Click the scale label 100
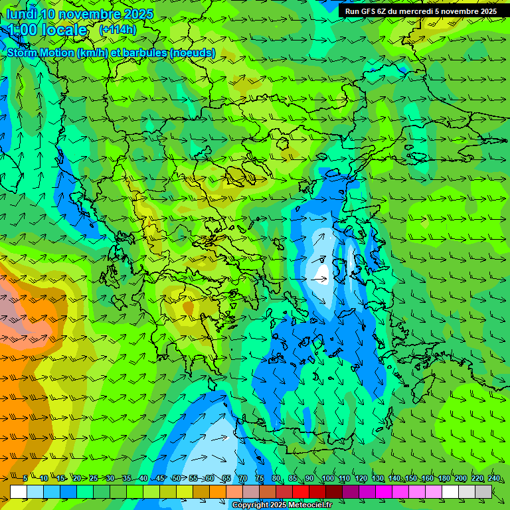(x=327, y=478)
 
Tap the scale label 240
(x=494, y=478)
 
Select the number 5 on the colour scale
(x=25, y=478)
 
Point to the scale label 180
(x=444, y=478)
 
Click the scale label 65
(x=226, y=478)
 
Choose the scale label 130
(x=377, y=478)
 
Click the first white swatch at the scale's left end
(x=19, y=491)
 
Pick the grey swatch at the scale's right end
(x=483, y=491)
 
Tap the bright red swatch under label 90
(x=301, y=491)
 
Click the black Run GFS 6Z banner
(x=421, y=11)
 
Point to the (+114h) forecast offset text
(x=118, y=30)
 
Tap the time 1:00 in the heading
(x=22, y=31)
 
